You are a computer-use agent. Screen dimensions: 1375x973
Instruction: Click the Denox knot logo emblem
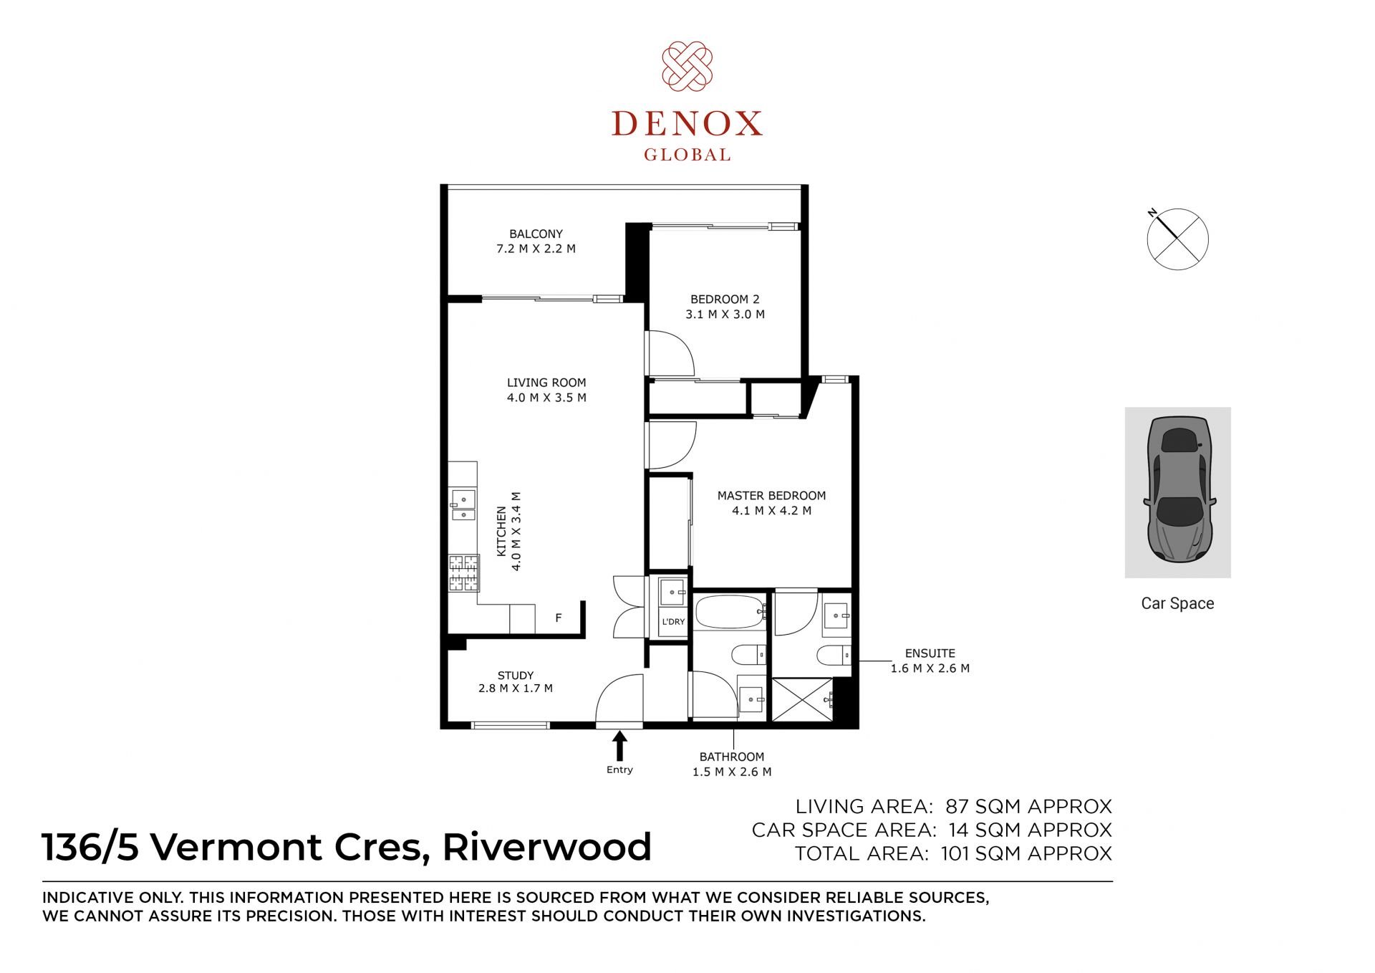pyautogui.click(x=687, y=66)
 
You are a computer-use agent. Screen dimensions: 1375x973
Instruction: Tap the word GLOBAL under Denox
pyautogui.click(x=687, y=155)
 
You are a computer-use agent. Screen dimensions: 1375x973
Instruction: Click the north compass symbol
pyautogui.click(x=1177, y=239)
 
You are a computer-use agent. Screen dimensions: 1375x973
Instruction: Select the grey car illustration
pyautogui.click(x=1178, y=490)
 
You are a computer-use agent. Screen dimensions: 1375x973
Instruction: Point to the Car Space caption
pyautogui.click(x=1177, y=603)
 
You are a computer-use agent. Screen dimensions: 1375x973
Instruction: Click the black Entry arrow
pyautogui.click(x=619, y=746)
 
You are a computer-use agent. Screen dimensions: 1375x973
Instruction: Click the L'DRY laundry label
pyautogui.click(x=673, y=622)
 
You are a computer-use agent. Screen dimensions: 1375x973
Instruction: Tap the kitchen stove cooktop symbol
pyautogui.click(x=463, y=573)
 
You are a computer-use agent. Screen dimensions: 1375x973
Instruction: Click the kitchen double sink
pyautogui.click(x=463, y=505)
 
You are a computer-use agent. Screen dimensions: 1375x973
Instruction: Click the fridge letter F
pyautogui.click(x=559, y=618)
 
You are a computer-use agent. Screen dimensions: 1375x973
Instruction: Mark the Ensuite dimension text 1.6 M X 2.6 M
pyautogui.click(x=930, y=668)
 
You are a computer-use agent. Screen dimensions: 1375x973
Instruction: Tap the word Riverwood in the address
pyautogui.click(x=547, y=847)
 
